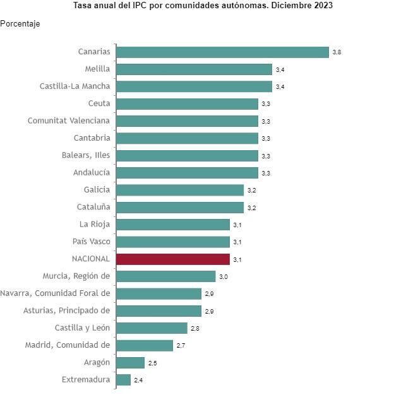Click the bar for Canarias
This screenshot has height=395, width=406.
point(222,52)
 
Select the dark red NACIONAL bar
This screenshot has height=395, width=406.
point(172,259)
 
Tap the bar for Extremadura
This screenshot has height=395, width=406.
point(123,379)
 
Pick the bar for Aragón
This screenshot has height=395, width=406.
point(130,362)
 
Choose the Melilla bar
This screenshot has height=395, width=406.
point(194,69)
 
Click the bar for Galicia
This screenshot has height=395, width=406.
point(179,189)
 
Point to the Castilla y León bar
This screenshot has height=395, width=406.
point(152,327)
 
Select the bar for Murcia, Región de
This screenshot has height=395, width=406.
point(165,276)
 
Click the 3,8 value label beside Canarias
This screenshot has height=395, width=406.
point(337,52)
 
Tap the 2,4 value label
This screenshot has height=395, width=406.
point(138,380)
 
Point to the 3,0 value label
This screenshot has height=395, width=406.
point(223,276)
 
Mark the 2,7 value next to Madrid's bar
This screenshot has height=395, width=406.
point(181,345)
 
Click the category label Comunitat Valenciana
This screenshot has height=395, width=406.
point(69,121)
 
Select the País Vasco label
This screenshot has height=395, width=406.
point(92,241)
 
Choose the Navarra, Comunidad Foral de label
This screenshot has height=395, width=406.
point(56,293)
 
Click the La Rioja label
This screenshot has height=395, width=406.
point(95,224)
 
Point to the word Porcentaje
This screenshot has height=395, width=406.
point(20,24)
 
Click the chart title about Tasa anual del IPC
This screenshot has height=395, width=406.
point(203,5)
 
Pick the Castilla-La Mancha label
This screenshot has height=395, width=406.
point(75,86)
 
